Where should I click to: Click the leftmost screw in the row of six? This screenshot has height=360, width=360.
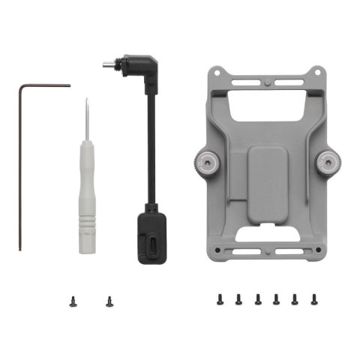coord(220,299)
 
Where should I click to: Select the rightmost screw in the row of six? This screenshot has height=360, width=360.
coord(313,299)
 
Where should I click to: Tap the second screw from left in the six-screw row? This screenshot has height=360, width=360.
coord(238,299)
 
